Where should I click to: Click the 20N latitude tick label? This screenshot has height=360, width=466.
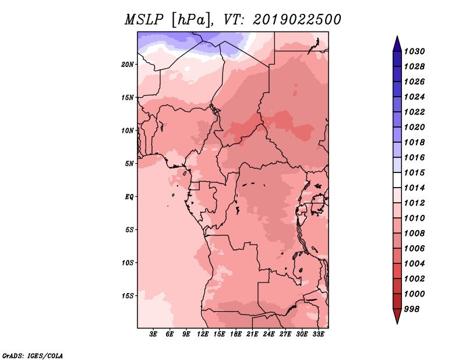(127, 65)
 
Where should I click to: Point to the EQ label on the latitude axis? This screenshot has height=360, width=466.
(129, 197)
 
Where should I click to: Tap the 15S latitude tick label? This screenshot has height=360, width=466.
(128, 296)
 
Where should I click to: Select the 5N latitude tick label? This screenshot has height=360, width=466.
(129, 164)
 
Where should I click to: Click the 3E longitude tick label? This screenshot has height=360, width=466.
(153, 334)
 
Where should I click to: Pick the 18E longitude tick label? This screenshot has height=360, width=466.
(236, 334)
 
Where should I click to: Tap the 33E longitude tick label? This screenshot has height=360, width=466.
(318, 334)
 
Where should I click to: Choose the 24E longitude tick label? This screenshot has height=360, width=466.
(269, 334)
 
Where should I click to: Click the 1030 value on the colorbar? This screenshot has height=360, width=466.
(414, 51)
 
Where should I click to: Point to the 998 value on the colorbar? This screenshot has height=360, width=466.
(412, 309)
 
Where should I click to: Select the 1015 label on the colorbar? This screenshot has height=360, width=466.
(414, 172)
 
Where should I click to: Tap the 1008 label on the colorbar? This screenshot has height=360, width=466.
(414, 234)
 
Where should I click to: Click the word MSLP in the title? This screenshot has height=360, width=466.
(144, 20)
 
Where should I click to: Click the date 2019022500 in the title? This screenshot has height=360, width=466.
(297, 20)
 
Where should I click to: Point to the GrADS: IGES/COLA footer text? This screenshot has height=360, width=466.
(33, 356)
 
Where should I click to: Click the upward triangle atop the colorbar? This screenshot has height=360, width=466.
(397, 44)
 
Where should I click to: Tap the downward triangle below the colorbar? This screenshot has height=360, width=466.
(397, 316)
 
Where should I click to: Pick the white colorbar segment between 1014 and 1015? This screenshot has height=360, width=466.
(397, 180)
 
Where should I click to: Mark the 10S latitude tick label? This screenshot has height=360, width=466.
(128, 263)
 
